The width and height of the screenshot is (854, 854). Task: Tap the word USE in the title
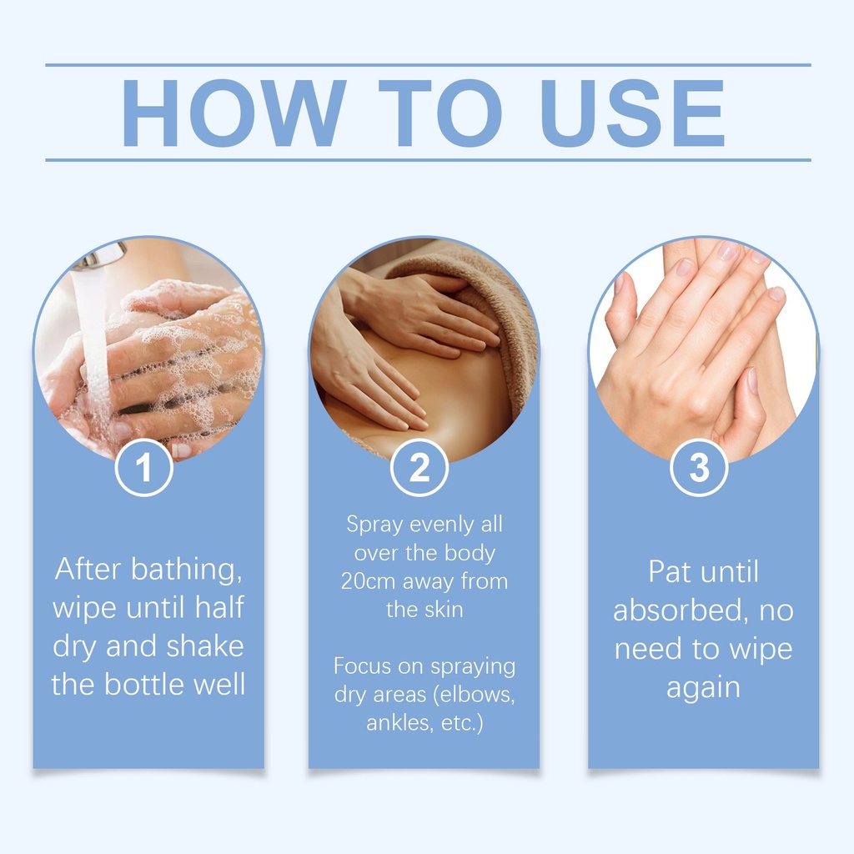632,113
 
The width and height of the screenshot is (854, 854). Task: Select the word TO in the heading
440,113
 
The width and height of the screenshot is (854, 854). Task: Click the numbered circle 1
143,467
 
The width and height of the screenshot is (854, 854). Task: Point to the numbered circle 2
419,467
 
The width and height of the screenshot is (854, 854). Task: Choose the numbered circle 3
700,467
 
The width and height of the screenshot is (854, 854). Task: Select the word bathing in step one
187,570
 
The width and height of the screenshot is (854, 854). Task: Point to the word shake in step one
205,646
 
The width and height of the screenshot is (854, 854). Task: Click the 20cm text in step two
368,581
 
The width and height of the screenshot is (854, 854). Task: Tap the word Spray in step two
374,525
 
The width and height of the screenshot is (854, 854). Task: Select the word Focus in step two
363,666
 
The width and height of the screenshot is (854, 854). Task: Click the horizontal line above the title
428,65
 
